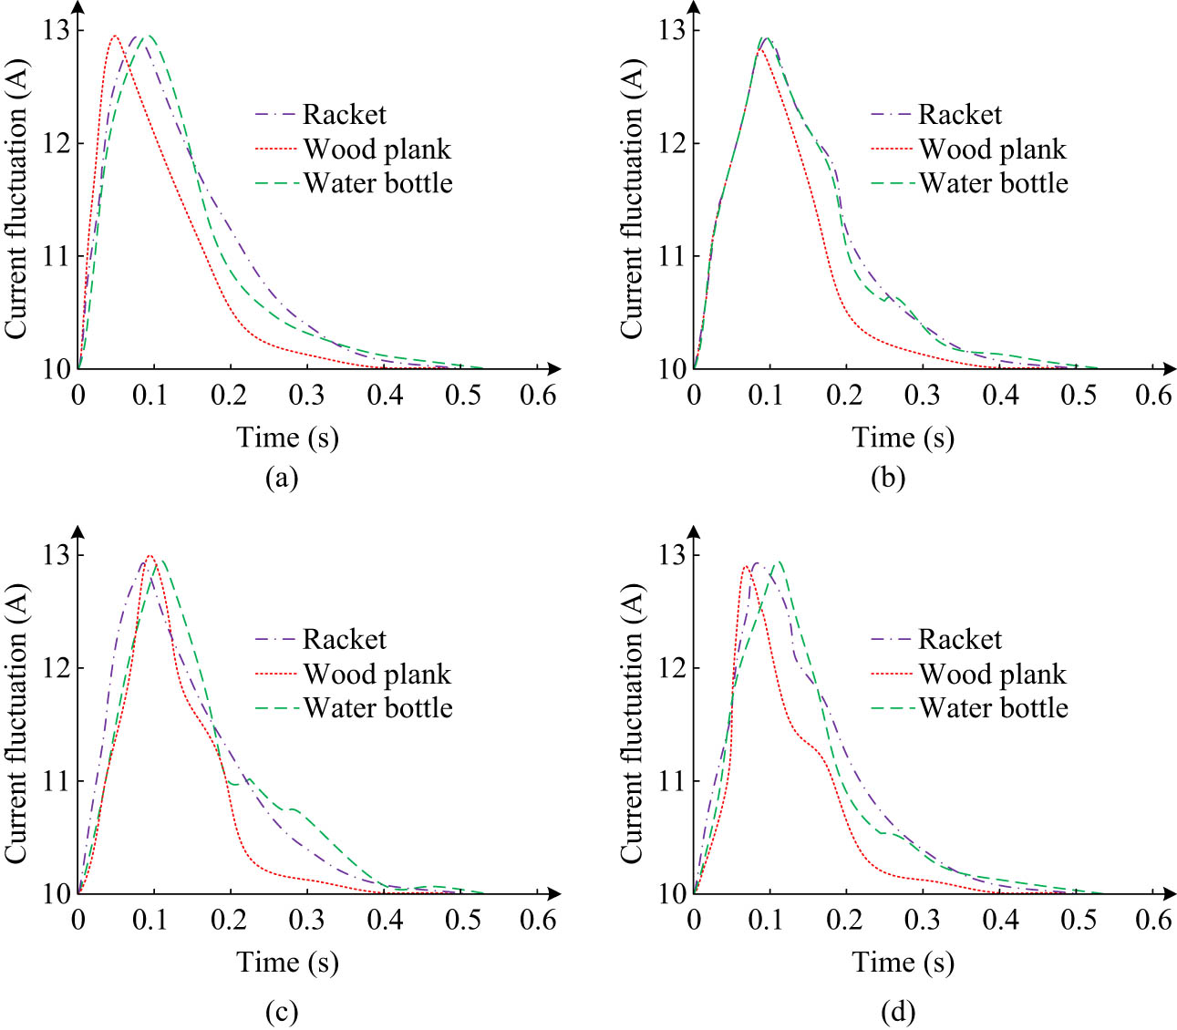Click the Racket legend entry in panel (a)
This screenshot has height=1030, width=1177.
(x=344, y=115)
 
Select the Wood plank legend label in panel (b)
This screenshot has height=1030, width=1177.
(x=992, y=149)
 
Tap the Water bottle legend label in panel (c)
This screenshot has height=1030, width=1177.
(x=377, y=708)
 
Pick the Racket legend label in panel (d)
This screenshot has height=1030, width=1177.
(x=959, y=640)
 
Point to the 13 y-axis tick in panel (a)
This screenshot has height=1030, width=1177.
(x=56, y=30)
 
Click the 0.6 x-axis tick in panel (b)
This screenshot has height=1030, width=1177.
(x=1152, y=396)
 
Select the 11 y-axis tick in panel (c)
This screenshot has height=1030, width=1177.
(x=56, y=781)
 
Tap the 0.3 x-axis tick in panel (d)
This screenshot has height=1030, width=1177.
(x=922, y=921)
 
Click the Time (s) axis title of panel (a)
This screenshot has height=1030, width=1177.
(x=287, y=438)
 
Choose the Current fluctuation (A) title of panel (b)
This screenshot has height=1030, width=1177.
(x=632, y=199)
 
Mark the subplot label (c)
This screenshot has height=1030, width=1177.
(x=281, y=1011)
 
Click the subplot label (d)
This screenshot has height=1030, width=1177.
(x=897, y=1011)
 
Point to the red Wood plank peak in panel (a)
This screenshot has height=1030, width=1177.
(x=114, y=36)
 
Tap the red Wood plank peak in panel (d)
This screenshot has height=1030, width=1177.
(x=745, y=567)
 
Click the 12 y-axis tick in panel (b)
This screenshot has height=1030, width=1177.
(x=671, y=143)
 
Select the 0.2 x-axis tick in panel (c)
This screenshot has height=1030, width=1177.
(x=228, y=921)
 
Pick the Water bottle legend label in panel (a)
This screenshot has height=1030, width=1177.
(x=377, y=183)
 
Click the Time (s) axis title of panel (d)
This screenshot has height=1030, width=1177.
(x=903, y=963)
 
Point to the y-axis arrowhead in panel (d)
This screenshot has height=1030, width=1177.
(x=694, y=531)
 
